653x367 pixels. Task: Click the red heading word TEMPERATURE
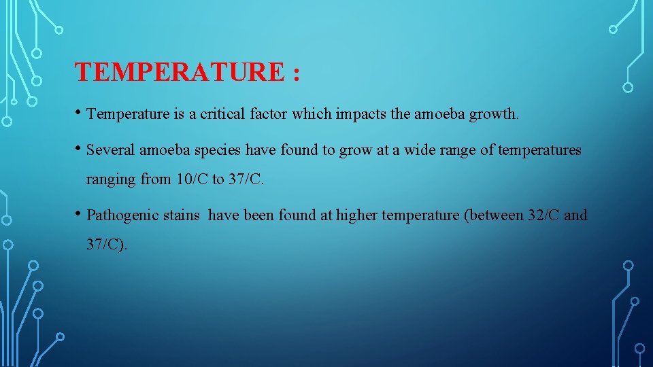click(179, 71)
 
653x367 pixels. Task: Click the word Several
click(110, 150)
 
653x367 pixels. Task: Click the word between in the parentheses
click(496, 215)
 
